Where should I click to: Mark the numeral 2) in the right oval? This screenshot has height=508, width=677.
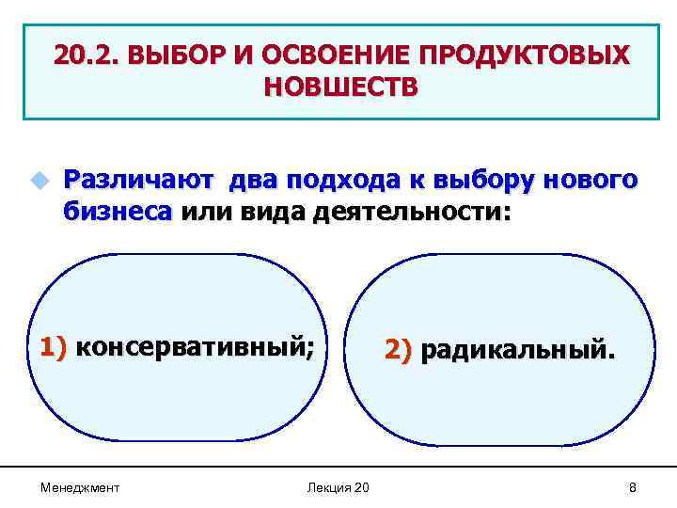click(398, 351)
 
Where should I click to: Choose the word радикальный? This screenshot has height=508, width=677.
click(520, 351)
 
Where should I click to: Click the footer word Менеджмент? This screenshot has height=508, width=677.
click(80, 487)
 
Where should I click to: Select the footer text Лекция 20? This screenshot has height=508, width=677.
click(338, 487)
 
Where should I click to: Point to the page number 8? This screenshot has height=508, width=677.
click(632, 487)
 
